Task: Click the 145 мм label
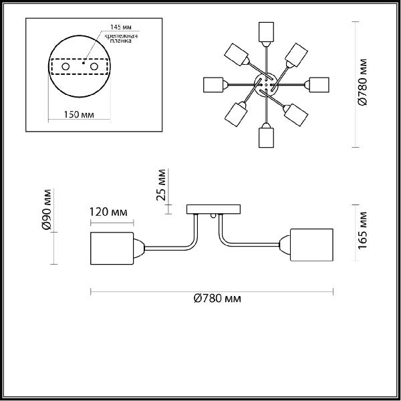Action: [121, 27]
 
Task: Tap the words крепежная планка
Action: [121, 38]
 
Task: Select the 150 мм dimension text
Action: [79, 114]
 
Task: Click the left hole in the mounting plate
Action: [65, 66]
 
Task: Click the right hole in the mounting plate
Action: [94, 66]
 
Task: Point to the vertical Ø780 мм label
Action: [362, 82]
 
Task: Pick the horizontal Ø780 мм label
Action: [217, 299]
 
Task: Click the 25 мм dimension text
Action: [161, 184]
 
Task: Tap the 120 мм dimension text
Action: [108, 212]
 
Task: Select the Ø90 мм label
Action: [47, 209]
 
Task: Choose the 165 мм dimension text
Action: [362, 230]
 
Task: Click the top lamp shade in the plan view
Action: [266, 32]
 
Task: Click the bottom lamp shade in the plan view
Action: [266, 138]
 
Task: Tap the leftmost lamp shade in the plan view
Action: [213, 85]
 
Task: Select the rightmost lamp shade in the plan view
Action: [319, 85]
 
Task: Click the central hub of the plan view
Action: [266, 85]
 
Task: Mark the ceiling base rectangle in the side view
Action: [214, 209]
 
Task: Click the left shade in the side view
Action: [112, 248]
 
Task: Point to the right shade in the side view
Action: [311, 245]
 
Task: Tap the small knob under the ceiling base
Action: [213, 217]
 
